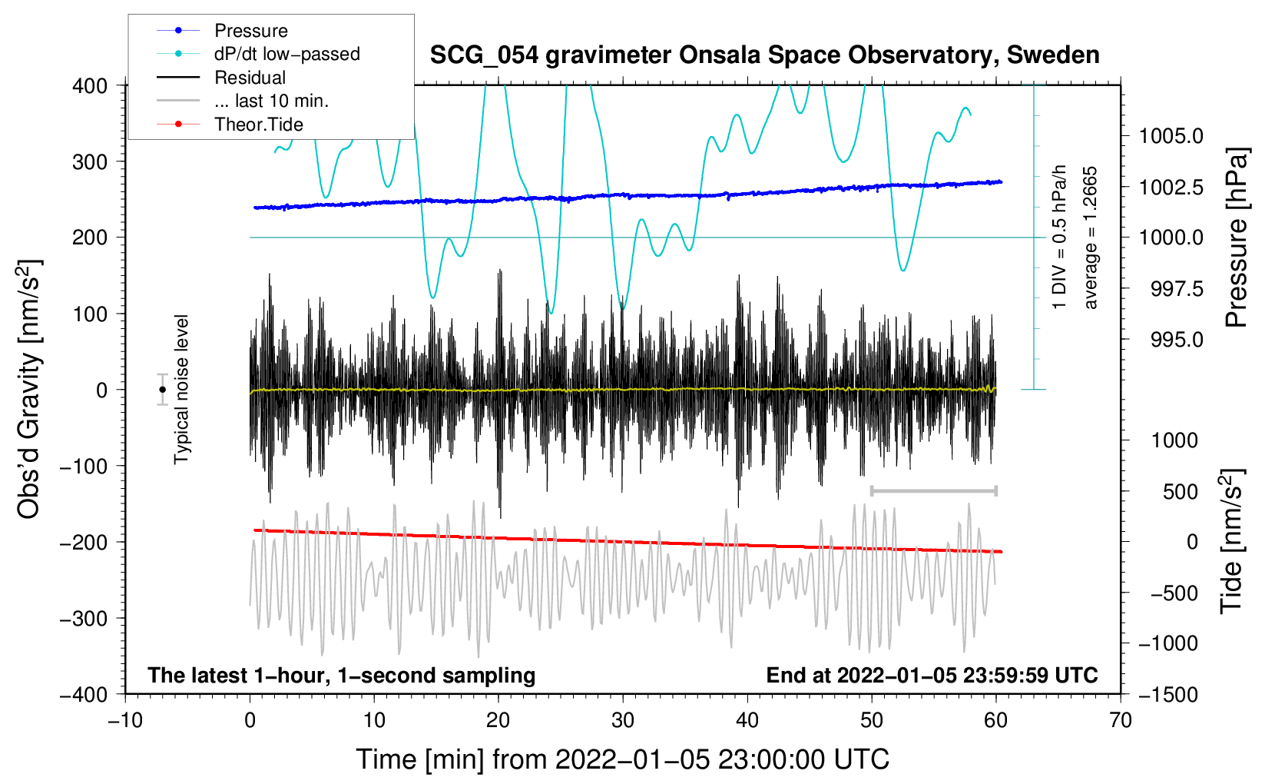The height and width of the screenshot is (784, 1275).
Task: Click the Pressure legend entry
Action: tap(250, 31)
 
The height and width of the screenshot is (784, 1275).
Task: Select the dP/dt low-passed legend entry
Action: tap(286, 54)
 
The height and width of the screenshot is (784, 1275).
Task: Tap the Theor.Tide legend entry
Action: tap(258, 125)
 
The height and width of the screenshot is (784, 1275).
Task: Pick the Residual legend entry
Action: tap(250, 78)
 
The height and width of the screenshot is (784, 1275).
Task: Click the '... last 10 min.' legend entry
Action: tap(271, 101)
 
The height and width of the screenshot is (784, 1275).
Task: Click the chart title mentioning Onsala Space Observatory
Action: tap(764, 55)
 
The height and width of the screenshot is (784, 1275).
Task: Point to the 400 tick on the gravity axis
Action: tap(90, 85)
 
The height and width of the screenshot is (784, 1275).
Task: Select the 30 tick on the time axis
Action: tap(623, 720)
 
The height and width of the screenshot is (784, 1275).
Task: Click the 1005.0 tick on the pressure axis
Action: tap(1171, 136)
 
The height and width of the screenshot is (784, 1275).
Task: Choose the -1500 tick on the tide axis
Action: tap(1167, 694)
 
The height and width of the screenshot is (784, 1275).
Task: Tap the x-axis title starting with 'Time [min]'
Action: tap(622, 759)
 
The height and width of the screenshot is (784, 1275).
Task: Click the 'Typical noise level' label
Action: tap(181, 390)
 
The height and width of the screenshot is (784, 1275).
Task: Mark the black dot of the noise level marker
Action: tap(162, 390)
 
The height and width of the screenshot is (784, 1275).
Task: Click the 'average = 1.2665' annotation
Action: tap(1090, 238)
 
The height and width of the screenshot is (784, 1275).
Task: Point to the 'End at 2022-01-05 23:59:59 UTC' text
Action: tap(932, 675)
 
